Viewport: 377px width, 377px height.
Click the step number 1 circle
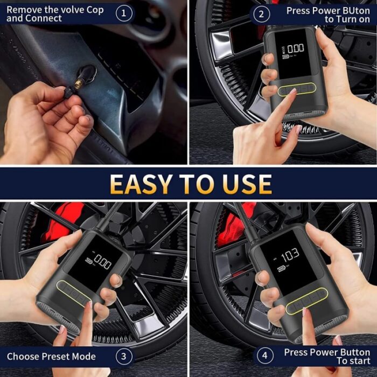coord(124,13)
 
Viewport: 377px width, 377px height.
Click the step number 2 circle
coord(261,13)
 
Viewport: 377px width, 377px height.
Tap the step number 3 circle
coord(124,356)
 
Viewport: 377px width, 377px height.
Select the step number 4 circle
coord(264,356)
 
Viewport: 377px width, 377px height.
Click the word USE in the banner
coord(245,184)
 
